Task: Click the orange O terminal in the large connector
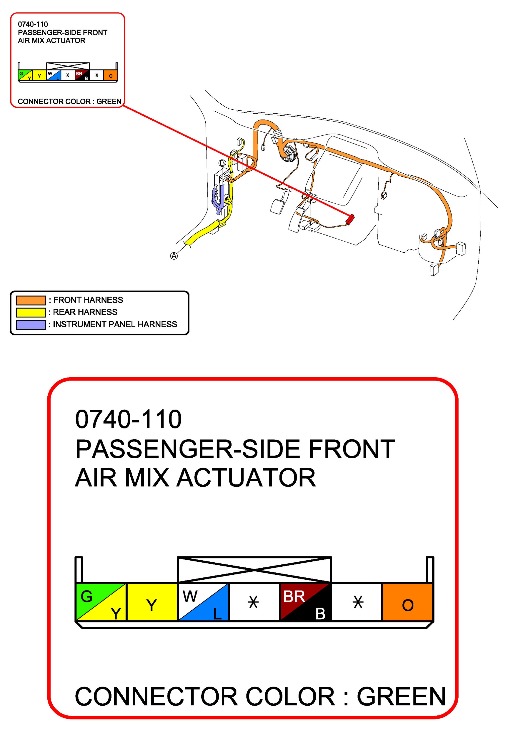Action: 407,602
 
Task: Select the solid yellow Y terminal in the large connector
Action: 152,602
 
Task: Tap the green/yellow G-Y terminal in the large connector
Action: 101,602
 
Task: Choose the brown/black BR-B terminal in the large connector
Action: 305,602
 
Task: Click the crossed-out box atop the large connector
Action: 254,569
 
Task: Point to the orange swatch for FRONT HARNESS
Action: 31,300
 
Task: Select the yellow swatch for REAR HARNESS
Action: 31,312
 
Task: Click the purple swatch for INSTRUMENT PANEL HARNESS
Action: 31,325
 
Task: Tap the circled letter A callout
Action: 174,256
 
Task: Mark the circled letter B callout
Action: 222,163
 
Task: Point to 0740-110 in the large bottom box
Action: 128,419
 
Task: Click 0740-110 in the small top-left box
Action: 33,24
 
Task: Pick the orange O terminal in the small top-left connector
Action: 111,76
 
